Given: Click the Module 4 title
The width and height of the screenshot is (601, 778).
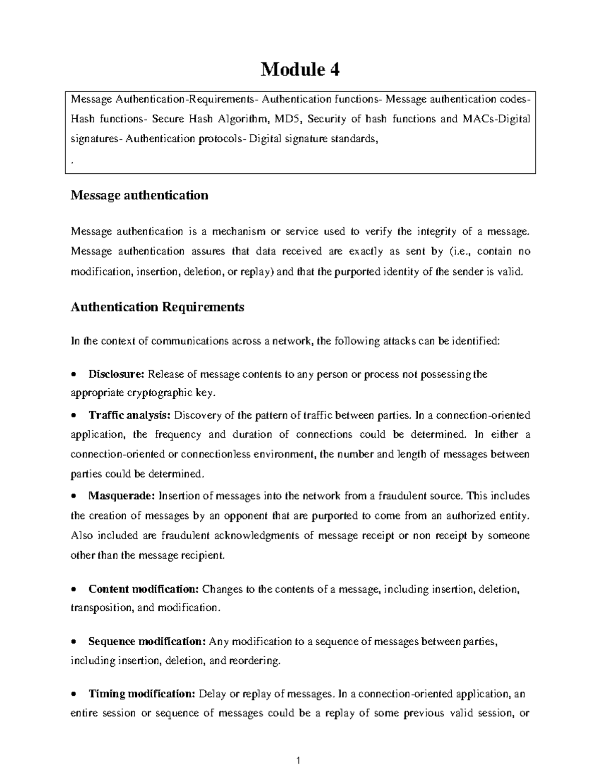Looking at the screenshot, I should point(300,70).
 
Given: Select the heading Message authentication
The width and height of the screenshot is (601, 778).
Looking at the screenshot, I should point(139,195).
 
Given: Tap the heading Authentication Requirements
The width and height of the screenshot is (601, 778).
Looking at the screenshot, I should point(157,307).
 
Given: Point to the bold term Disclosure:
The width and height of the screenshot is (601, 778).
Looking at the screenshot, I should point(116,374).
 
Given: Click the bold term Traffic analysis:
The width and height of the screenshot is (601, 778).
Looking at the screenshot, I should point(130,415).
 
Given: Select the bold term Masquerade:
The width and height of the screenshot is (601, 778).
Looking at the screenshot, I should point(122,496).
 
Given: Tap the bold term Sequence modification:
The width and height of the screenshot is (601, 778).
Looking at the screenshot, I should point(147,641).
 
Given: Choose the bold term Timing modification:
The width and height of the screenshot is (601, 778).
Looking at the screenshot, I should point(142,694).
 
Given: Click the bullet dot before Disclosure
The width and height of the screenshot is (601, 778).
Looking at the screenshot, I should point(74,375).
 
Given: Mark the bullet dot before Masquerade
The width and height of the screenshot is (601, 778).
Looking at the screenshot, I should point(74,496).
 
